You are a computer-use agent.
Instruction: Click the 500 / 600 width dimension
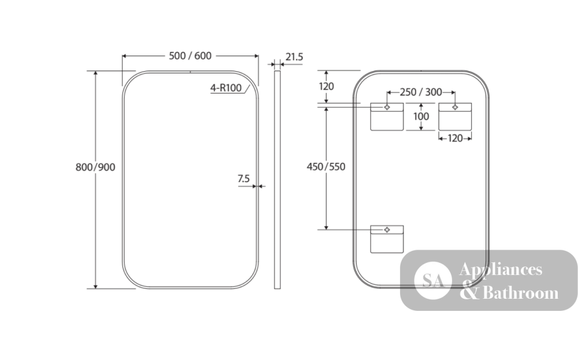(x=190, y=56)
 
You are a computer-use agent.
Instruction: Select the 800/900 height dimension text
(x=95, y=168)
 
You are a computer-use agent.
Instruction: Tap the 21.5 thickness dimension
(x=294, y=57)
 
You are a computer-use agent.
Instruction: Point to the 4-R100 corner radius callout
(x=226, y=88)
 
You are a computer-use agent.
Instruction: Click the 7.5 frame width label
(x=244, y=179)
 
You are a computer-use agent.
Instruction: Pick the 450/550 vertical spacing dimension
(x=326, y=167)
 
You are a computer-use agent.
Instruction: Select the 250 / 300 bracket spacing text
(x=421, y=92)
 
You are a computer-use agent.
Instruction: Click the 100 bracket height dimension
(x=421, y=117)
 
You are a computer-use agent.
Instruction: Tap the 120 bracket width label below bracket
(x=455, y=139)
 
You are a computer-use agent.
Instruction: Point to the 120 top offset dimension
(x=326, y=87)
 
